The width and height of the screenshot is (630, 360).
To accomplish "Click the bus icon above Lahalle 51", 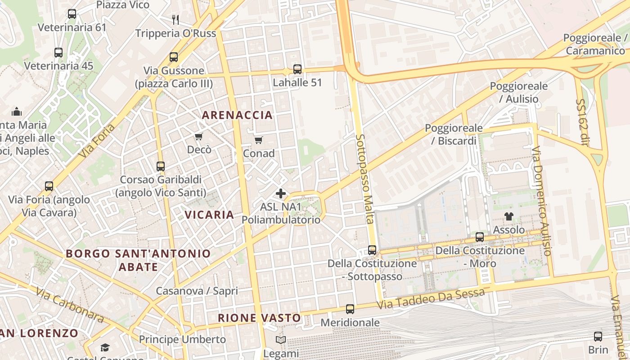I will [x=297, y=69].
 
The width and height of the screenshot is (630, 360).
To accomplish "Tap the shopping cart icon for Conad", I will [x=258, y=140].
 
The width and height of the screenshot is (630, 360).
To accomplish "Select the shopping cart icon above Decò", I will [x=198, y=136].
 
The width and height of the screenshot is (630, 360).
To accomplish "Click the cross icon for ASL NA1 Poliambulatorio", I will [x=281, y=194].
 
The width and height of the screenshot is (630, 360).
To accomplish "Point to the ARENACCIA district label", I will [x=237, y=115].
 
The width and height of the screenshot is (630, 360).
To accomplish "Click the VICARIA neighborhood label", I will [x=209, y=215].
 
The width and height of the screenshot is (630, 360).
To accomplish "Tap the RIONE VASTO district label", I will [x=259, y=318].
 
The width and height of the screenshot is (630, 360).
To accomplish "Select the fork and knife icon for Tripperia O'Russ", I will [x=175, y=20].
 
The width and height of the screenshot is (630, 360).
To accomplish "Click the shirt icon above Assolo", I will [x=509, y=216].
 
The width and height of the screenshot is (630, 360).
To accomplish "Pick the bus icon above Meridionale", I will [x=350, y=309].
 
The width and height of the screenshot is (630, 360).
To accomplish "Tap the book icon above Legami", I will [x=281, y=340].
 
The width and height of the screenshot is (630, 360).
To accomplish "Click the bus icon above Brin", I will [x=598, y=336].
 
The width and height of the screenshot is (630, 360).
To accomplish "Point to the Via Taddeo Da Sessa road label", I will [x=431, y=298].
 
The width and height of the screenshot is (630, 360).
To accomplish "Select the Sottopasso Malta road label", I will [x=364, y=179].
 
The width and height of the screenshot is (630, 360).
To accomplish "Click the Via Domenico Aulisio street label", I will [x=541, y=201].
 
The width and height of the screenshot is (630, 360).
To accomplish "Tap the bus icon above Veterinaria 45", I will [x=58, y=53].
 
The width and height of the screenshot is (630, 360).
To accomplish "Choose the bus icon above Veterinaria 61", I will [x=72, y=14].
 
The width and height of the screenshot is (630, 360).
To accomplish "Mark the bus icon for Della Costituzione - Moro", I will [x=480, y=237].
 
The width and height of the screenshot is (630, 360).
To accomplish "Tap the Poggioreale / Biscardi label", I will [x=454, y=135].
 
